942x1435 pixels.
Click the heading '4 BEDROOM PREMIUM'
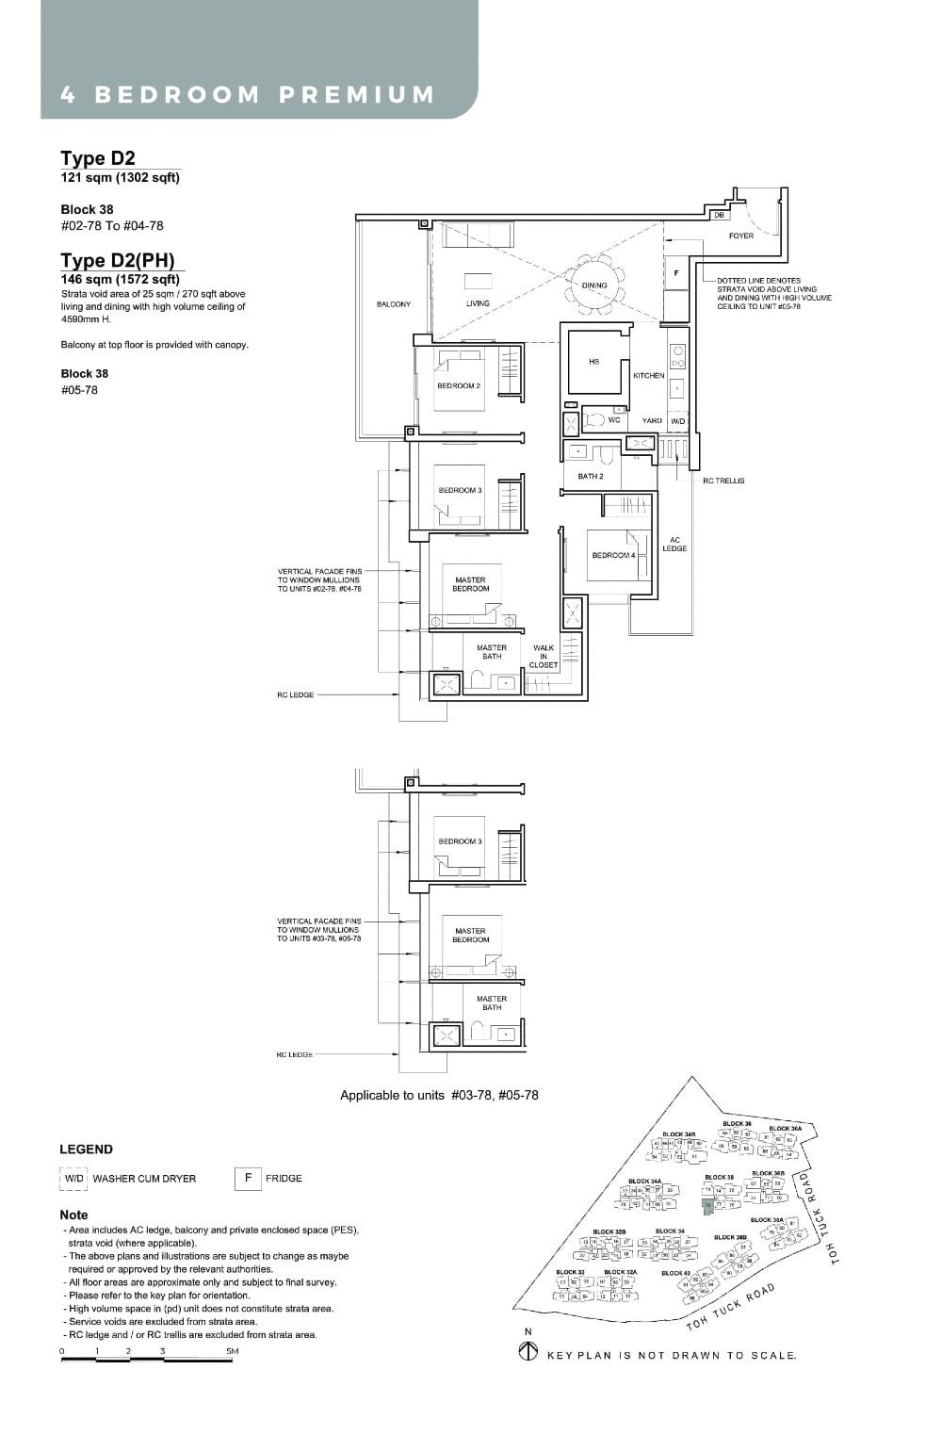[x=248, y=94]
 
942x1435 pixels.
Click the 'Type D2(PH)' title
[x=118, y=261]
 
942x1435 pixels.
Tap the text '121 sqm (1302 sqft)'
[x=120, y=177]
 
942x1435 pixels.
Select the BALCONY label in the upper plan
[x=393, y=304]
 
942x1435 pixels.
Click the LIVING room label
[x=478, y=303]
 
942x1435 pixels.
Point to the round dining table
[x=594, y=284]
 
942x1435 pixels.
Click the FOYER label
[x=741, y=236]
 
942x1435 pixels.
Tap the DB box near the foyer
[x=719, y=216]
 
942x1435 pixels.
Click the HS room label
[x=593, y=362]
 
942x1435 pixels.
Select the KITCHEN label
[x=648, y=375]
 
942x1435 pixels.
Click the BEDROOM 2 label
[x=459, y=386]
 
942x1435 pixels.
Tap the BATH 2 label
[x=591, y=476]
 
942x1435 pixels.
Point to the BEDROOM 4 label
[x=613, y=555]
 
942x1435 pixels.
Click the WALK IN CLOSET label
[x=544, y=656]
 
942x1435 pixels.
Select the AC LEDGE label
[x=674, y=545]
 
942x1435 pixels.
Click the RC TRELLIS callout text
[x=723, y=481]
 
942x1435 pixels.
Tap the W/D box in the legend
[x=73, y=1178]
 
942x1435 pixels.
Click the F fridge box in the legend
[x=248, y=1178]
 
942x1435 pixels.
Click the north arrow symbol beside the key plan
[x=528, y=1352]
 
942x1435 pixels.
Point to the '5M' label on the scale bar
[x=232, y=1351]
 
